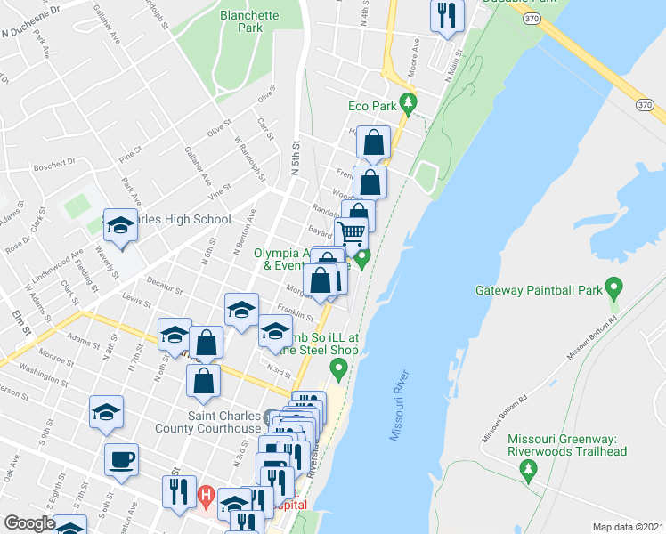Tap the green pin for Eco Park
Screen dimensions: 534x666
(409, 103)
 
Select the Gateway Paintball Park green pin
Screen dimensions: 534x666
(613, 287)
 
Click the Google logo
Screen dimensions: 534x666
(29, 524)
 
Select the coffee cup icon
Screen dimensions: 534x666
(121, 460)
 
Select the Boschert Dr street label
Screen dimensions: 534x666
(54, 164)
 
